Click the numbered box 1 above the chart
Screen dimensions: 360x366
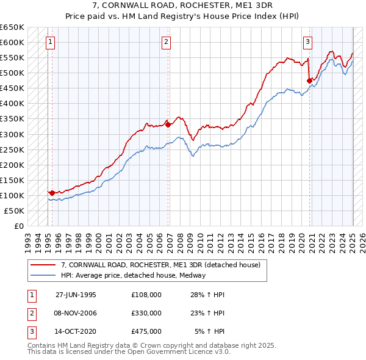coord(49,42)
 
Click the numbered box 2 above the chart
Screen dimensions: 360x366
coord(166,42)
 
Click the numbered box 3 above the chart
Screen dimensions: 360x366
coord(308,42)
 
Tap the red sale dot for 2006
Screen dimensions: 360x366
coord(168,124)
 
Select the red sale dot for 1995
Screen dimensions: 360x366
coord(52,193)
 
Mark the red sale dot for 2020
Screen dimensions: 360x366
coord(310,80)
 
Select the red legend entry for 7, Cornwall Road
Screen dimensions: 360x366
coord(161,265)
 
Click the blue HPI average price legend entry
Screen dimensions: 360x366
coord(134,275)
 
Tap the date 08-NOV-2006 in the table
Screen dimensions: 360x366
coord(76,313)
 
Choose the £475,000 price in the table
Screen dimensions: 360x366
coord(146,331)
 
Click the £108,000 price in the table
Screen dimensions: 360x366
coord(146,295)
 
